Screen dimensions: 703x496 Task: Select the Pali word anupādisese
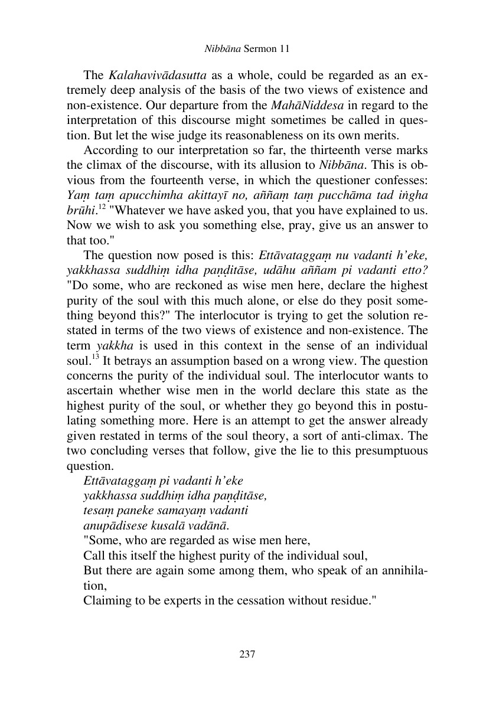tap(110, 527)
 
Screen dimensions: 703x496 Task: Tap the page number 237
tap(247, 655)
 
